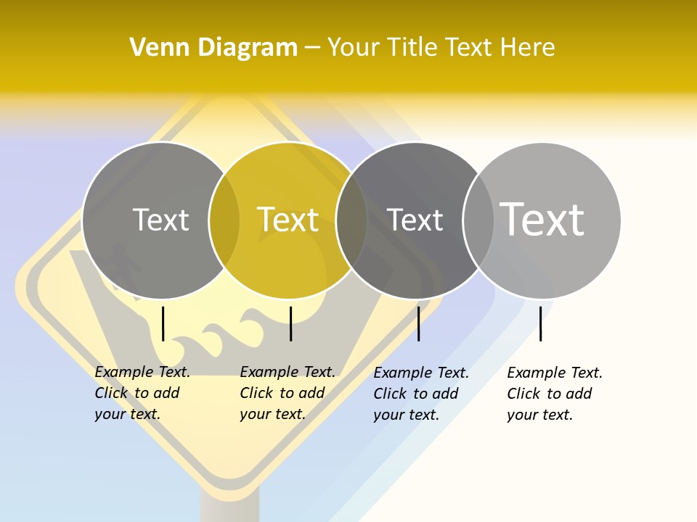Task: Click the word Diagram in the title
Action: click(x=248, y=48)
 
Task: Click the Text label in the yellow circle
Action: click(x=288, y=220)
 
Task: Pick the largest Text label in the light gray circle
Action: click(x=542, y=219)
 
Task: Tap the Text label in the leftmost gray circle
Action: click(x=160, y=220)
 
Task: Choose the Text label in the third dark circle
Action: click(x=415, y=220)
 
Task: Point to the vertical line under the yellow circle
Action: click(x=290, y=323)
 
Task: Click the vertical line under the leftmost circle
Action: click(x=163, y=323)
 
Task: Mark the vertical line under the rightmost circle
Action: click(x=540, y=323)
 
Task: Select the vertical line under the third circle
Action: click(x=418, y=323)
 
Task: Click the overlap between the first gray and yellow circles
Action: click(x=224, y=220)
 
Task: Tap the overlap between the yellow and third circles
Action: click(x=351, y=220)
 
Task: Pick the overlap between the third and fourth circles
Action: click(x=478, y=220)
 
